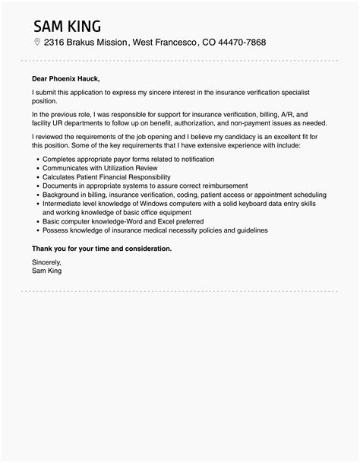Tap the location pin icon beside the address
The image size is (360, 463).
coord(36,42)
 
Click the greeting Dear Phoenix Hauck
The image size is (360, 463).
coord(65,78)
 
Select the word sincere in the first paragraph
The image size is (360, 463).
coord(161,92)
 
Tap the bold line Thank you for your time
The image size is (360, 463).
coord(102,248)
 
